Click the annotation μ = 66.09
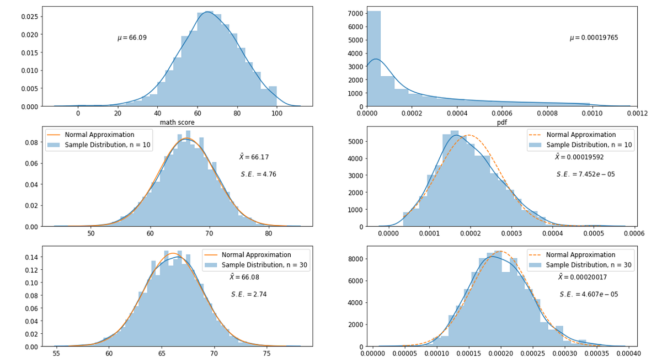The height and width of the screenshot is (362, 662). (x=132, y=38)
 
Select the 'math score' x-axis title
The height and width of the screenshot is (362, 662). (x=177, y=122)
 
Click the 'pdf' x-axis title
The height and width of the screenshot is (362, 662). (x=501, y=122)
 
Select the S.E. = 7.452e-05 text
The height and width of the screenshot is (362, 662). (x=585, y=174)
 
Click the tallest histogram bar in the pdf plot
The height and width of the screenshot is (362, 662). (x=373, y=58)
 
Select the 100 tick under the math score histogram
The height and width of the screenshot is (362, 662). (x=277, y=113)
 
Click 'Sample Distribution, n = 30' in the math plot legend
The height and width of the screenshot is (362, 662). (x=265, y=265)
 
